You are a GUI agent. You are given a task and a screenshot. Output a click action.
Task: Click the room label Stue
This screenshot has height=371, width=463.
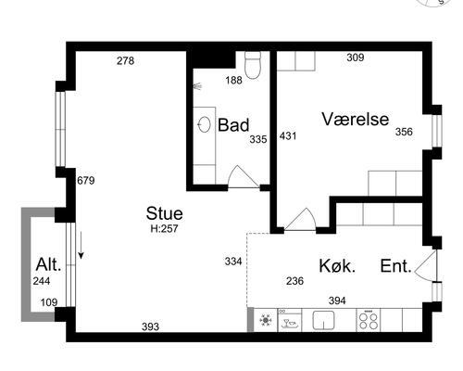164,213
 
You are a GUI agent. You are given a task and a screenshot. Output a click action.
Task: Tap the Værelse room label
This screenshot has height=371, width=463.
356,120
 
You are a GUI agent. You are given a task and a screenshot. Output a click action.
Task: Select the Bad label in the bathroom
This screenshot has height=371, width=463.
233,125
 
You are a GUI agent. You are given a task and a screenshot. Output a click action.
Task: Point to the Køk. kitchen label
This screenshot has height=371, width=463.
337,266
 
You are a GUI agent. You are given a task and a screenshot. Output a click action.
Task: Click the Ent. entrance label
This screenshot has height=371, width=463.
396,266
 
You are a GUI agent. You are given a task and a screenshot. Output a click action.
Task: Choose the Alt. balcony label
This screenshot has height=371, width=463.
48,264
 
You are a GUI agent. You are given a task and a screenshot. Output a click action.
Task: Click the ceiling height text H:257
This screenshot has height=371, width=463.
164,228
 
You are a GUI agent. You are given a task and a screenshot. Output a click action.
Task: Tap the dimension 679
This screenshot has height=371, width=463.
86,180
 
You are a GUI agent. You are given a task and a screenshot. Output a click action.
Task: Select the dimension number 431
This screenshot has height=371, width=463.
288,135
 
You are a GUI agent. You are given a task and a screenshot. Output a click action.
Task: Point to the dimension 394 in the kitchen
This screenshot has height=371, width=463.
337,301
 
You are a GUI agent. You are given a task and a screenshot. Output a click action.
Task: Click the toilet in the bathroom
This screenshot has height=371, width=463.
253,65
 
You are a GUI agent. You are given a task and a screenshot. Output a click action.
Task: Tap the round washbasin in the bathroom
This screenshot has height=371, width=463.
204,124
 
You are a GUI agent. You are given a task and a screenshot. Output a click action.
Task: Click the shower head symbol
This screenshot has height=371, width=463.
197,86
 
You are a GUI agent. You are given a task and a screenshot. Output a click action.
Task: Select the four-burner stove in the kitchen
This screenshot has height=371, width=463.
369,321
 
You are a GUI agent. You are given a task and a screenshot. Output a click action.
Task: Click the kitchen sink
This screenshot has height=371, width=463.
323,320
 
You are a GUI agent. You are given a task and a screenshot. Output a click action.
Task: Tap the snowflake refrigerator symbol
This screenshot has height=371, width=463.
266,320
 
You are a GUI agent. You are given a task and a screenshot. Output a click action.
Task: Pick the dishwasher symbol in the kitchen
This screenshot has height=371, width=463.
290,320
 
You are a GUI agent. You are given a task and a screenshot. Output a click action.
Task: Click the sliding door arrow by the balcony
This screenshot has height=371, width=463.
81,245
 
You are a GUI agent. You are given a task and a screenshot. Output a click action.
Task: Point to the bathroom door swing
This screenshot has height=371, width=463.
244,176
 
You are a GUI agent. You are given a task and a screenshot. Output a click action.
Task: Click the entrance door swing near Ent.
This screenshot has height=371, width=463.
426,266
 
